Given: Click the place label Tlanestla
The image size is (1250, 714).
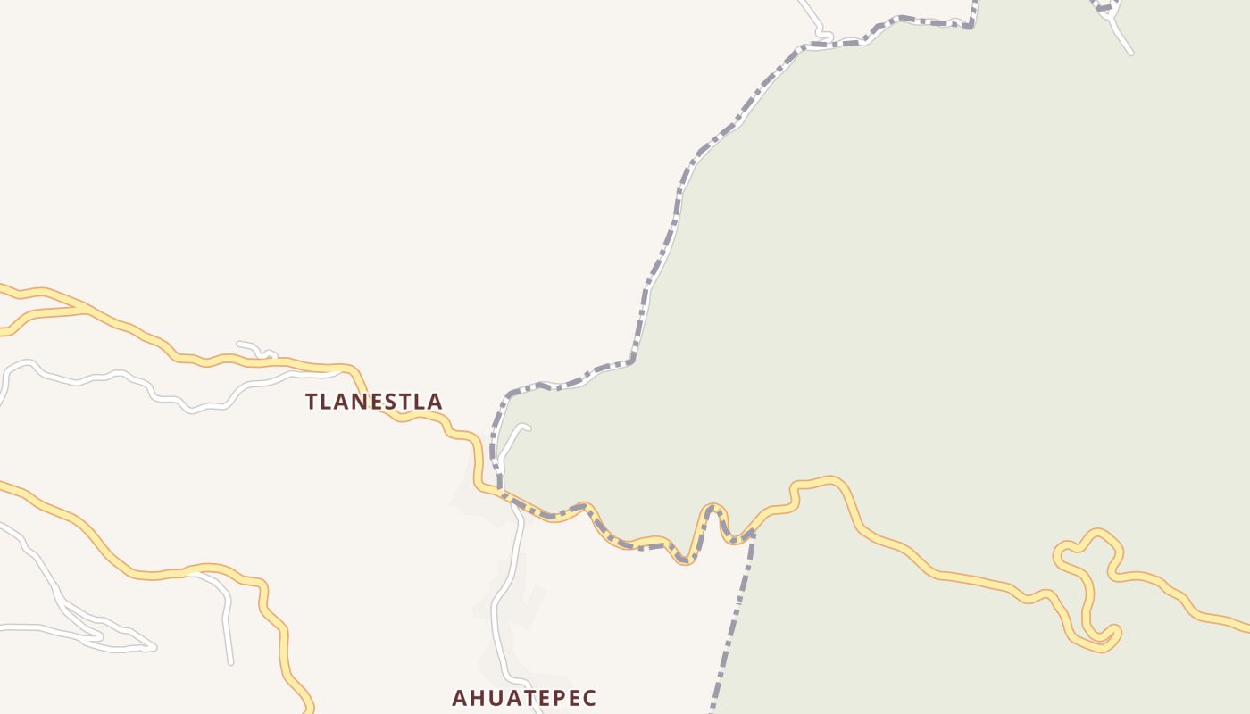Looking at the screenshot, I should [373, 402].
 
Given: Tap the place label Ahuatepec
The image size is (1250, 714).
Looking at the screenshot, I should [523, 698].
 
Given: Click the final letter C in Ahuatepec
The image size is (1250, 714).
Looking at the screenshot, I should [589, 698].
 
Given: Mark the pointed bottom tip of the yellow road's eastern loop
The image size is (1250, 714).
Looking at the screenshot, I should [1104, 649].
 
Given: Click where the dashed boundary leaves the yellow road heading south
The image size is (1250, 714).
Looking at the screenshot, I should [752, 533].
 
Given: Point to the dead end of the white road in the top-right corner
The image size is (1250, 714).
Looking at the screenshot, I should [1130, 54].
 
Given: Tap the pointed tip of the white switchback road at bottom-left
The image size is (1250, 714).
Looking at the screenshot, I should [154, 647].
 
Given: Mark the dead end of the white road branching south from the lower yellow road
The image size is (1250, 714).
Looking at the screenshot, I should [230, 662].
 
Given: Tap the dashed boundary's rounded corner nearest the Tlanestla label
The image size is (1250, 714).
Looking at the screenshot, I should [507, 395].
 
